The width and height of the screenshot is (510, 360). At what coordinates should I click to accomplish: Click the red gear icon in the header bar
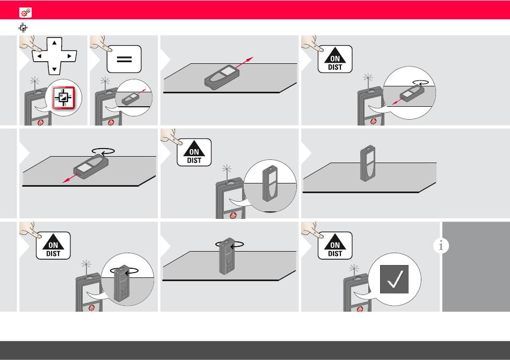click(25, 13)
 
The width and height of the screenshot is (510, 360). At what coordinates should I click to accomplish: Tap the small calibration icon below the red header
click(23, 27)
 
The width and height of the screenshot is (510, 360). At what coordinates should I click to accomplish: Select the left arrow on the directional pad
click(39, 56)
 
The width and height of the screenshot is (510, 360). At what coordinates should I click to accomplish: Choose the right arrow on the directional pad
click(69, 56)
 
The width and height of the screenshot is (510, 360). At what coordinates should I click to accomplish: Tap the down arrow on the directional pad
click(54, 69)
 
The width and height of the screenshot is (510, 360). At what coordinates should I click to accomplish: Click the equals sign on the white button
click(124, 59)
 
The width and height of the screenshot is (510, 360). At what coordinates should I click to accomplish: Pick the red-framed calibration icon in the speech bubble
click(63, 98)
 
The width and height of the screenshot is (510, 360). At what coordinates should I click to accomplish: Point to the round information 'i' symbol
click(441, 245)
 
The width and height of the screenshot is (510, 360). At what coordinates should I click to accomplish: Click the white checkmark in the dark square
click(395, 280)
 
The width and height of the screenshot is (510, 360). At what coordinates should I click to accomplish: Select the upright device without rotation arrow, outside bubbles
click(368, 164)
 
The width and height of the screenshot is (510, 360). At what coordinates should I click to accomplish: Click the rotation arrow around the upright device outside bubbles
click(229, 244)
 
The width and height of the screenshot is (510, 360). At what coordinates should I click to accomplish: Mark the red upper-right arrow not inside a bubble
click(244, 63)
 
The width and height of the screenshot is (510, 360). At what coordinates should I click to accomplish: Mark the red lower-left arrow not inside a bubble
click(70, 178)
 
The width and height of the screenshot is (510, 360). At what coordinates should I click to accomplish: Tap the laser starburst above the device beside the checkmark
click(354, 268)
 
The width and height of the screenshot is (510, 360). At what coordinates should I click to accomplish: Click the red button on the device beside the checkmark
click(360, 309)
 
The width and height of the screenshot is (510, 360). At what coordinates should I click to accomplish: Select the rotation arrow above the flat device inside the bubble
click(420, 83)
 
